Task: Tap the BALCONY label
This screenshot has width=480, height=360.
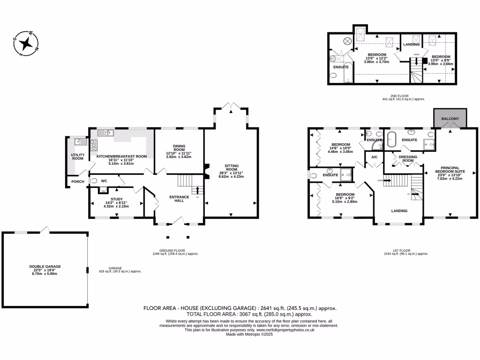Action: pyautogui.click(x=450, y=119)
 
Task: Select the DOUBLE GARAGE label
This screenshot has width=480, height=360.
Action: pyautogui.click(x=45, y=266)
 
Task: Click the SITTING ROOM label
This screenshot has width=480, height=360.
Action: pyautogui.click(x=232, y=167)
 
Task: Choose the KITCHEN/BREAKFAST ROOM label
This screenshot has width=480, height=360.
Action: pyautogui.click(x=122, y=157)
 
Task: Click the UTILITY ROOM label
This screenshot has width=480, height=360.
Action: pyautogui.click(x=77, y=156)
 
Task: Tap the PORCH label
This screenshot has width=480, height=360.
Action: pyautogui.click(x=77, y=182)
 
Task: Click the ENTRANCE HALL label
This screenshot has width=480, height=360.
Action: pyautogui.click(x=180, y=199)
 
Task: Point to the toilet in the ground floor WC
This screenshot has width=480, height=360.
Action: pyautogui.click(x=94, y=180)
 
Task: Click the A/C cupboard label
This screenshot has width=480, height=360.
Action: pyautogui.click(x=375, y=157)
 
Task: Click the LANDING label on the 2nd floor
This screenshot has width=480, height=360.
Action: pyautogui.click(x=411, y=45)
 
